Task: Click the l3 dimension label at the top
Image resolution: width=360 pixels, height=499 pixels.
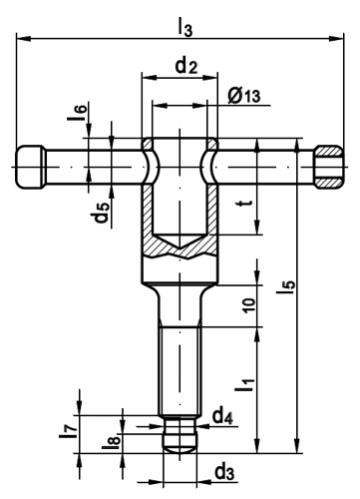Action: click(x=185, y=26)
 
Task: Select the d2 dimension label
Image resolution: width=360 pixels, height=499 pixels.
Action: click(x=186, y=66)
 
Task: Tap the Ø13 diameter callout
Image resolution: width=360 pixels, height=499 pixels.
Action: click(x=244, y=96)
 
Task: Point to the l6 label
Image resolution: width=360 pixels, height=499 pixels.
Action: click(x=77, y=113)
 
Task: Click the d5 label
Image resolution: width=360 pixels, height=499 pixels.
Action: click(x=100, y=213)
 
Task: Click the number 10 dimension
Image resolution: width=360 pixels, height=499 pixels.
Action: click(x=249, y=304)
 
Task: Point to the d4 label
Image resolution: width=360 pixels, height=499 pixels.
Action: click(x=222, y=416)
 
